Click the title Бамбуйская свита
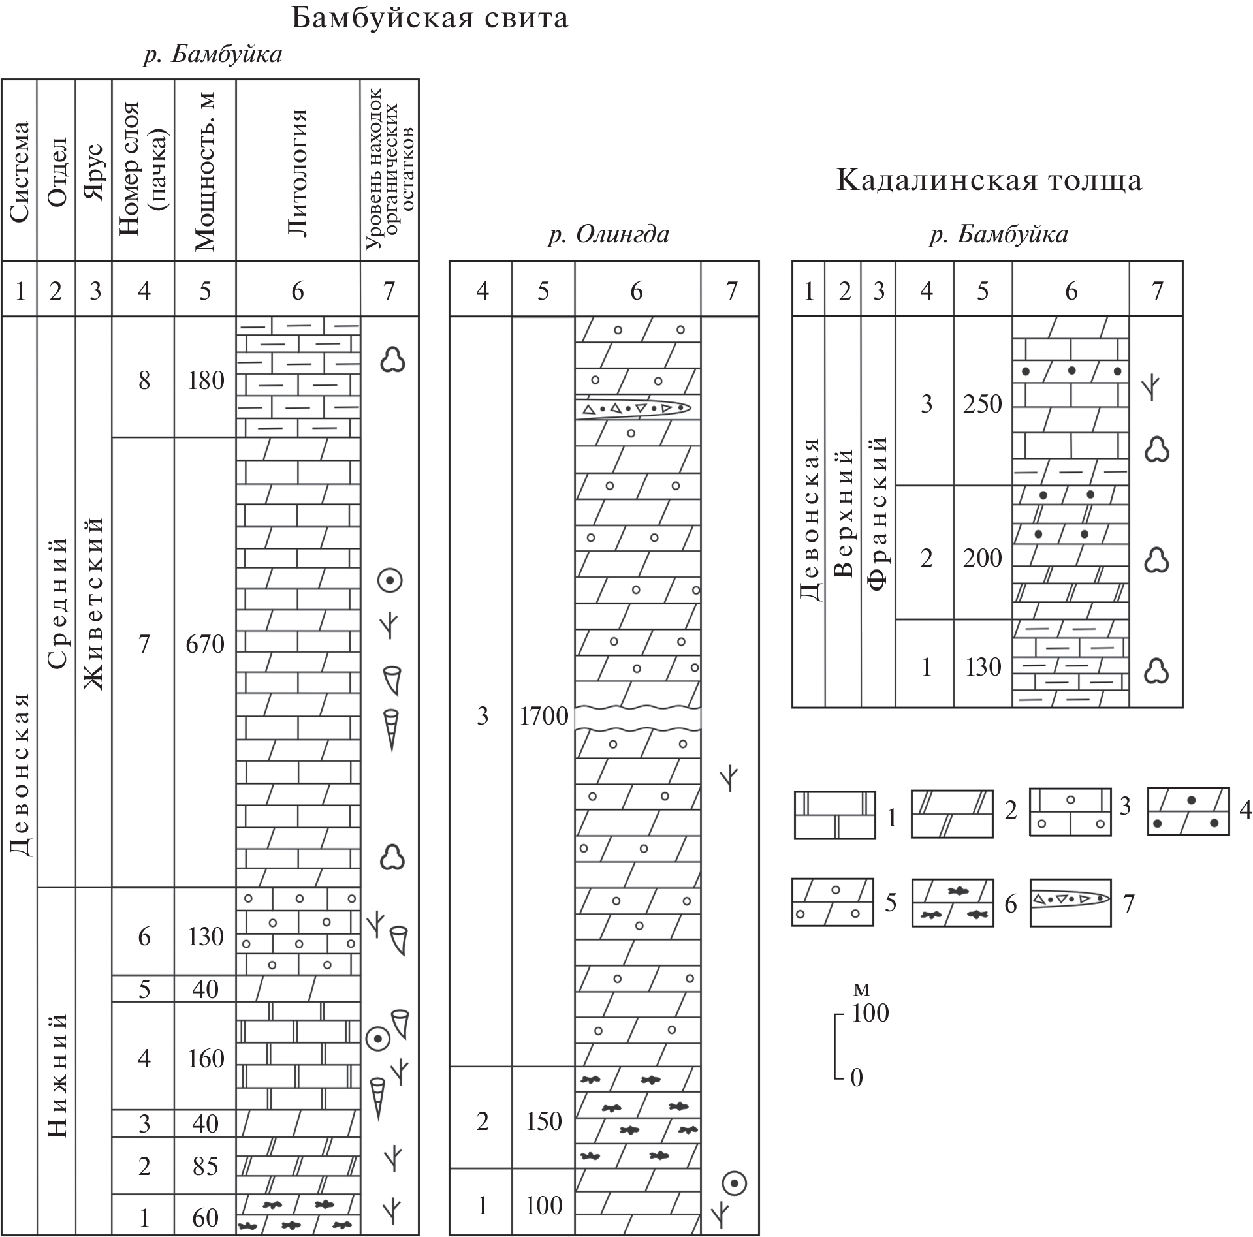429,18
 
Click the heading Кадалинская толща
989,181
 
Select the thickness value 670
205,645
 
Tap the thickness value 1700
544,717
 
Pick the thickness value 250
982,404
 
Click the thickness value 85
205,1166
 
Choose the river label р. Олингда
609,234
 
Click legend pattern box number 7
1070,902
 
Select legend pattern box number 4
1188,811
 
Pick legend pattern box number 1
834,815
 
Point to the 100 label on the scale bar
870,1012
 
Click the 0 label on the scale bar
857,1077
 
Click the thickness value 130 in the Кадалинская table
983,667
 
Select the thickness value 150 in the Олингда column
544,1121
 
